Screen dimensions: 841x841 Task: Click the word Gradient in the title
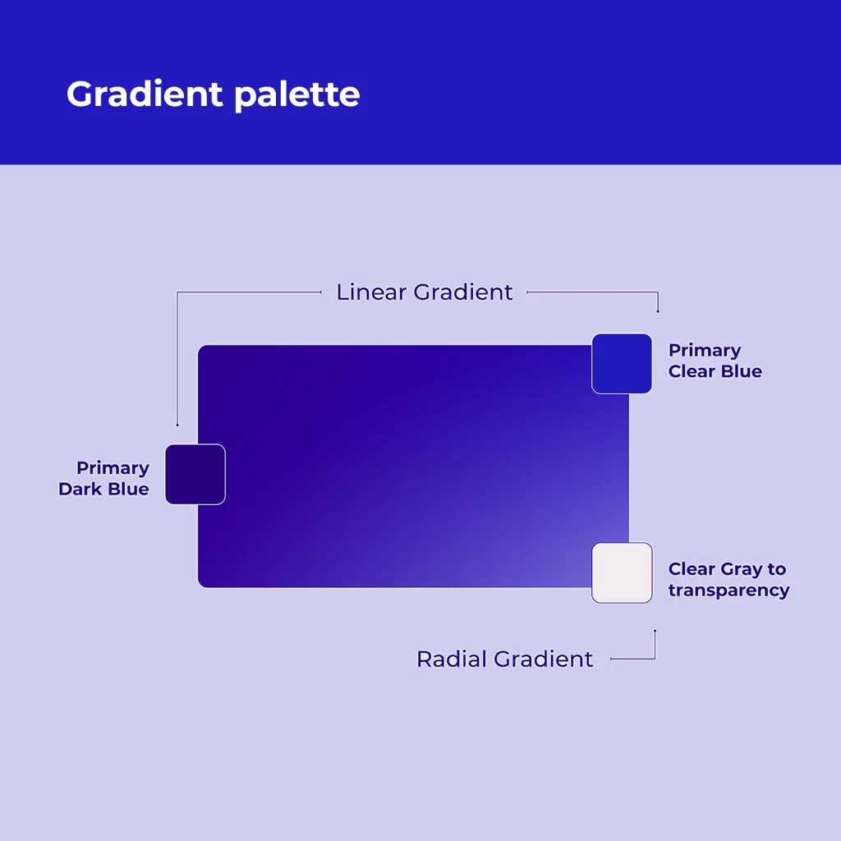click(145, 94)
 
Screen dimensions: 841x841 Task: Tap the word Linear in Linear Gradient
click(371, 292)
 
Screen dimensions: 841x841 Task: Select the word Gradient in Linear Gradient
click(463, 292)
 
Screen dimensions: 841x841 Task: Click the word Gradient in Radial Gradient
click(544, 659)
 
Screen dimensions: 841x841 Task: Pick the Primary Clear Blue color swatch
click(622, 364)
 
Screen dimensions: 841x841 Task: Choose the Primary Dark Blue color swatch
click(195, 475)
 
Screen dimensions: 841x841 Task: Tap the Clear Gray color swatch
click(623, 572)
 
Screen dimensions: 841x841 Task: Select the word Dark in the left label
click(80, 489)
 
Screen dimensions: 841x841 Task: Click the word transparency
click(729, 591)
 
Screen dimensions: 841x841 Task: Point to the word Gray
click(742, 570)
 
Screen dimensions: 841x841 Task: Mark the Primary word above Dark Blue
click(113, 469)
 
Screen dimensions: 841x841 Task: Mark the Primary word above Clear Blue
click(705, 351)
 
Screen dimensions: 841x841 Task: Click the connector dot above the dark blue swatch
click(177, 425)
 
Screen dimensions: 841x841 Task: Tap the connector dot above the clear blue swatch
click(658, 311)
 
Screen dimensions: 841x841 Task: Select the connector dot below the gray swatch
click(655, 631)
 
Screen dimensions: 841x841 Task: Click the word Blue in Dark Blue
click(129, 489)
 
